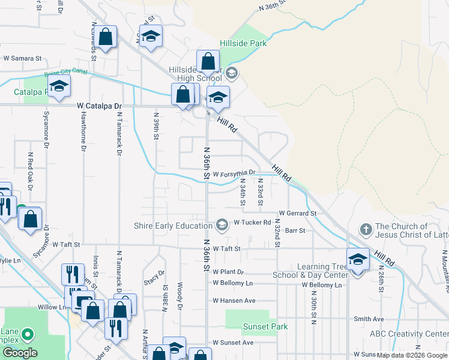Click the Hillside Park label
pyautogui.click(x=243, y=43)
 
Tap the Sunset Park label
pyautogui.click(x=265, y=327)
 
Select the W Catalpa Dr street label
pyautogui.click(x=100, y=106)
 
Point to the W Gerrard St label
pyautogui.click(x=298, y=214)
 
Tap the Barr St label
pyautogui.click(x=295, y=230)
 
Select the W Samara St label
pyautogui.click(x=22, y=59)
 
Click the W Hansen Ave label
pyautogui.click(x=234, y=301)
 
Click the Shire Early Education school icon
pyautogui.click(x=222, y=225)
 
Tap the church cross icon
pyautogui.click(x=366, y=230)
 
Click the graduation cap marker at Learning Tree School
pyautogui.click(x=358, y=259)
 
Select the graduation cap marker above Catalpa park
pyautogui.click(x=59, y=87)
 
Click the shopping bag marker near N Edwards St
pyautogui.click(x=106, y=37)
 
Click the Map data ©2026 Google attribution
pyautogui.click(x=412, y=355)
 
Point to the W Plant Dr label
pyautogui.click(x=228, y=272)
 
